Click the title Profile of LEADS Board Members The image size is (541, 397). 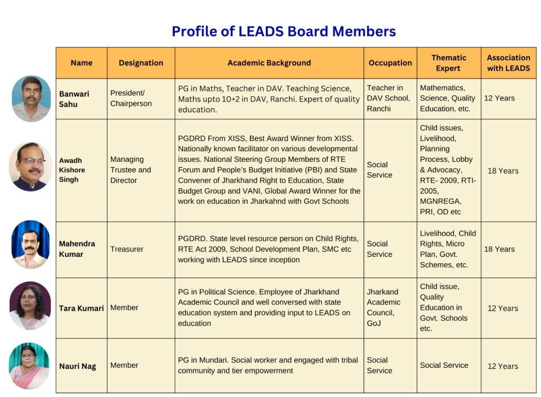[x=284, y=31]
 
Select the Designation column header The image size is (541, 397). [x=141, y=63]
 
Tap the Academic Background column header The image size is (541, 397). [x=269, y=63]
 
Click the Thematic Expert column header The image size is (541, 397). [x=449, y=63]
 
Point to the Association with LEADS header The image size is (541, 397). [x=508, y=63]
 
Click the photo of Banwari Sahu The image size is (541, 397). [x=31, y=98]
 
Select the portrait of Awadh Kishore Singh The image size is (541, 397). [x=31, y=167]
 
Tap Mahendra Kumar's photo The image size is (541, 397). [x=31, y=244]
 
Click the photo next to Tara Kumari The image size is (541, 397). [x=30, y=306]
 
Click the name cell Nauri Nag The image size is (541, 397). [x=78, y=366]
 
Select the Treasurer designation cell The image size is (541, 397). [x=127, y=249]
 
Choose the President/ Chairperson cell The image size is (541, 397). [x=131, y=98]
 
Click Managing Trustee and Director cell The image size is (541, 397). [x=130, y=170]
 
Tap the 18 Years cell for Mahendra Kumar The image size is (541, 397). [x=499, y=249]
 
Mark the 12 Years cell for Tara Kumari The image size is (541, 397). [x=502, y=308]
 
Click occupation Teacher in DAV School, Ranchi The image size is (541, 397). [x=388, y=98]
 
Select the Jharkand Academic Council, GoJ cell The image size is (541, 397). [x=384, y=307]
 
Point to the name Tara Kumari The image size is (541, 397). [x=81, y=308]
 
